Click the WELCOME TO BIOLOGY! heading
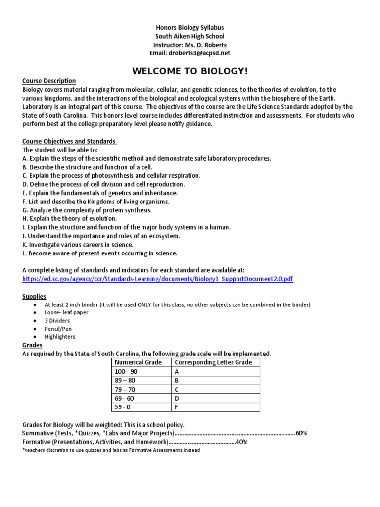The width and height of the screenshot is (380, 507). tap(190, 71)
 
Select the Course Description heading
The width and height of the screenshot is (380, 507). tap(49, 81)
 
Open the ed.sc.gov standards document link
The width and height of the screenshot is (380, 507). tap(158, 279)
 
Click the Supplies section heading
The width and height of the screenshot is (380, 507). tap(34, 296)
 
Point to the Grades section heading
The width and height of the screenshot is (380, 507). tap(32, 345)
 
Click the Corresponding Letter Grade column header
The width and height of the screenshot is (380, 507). tap(213, 362)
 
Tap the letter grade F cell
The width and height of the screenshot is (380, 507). tap(176, 407)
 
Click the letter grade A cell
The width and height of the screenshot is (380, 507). tap(176, 371)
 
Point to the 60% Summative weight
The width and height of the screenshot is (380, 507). tap(301, 433)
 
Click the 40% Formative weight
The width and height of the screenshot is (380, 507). tap(241, 442)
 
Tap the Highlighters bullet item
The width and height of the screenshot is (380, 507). tap(60, 337)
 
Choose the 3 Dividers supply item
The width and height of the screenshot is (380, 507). tap(57, 320)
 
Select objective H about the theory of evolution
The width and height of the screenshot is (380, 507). tap(70, 218)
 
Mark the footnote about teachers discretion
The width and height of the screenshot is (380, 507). tap(111, 450)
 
